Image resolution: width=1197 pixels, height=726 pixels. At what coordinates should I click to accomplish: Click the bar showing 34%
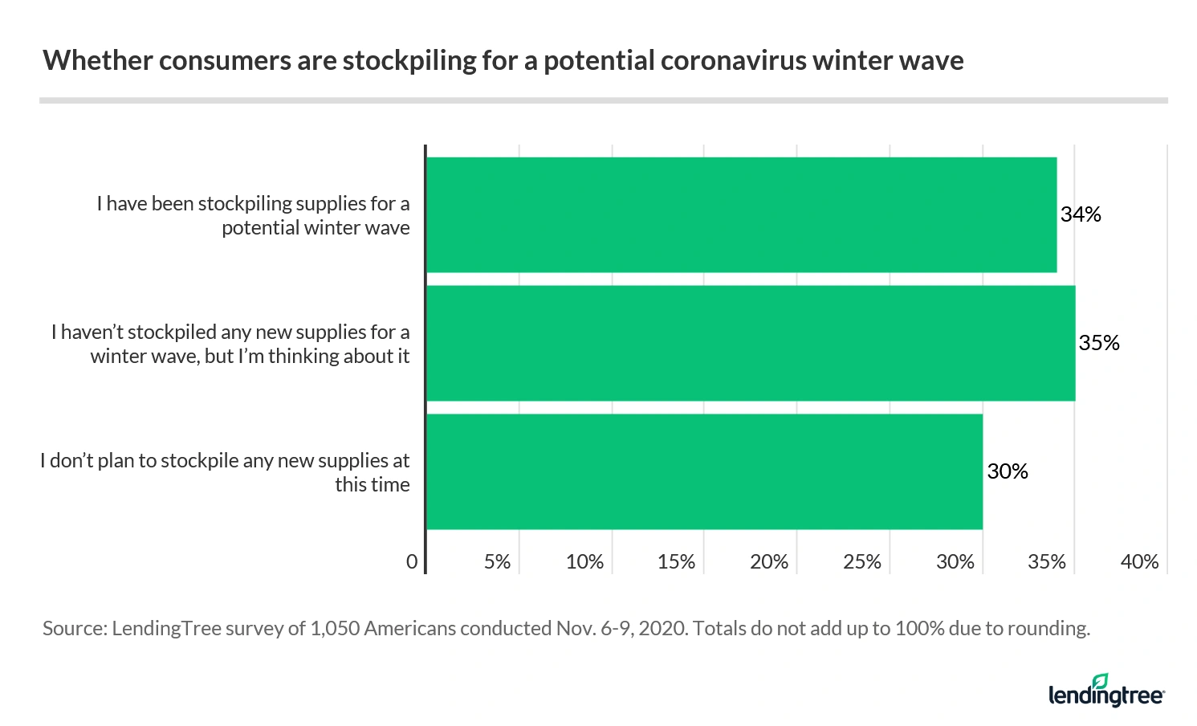[x=740, y=214]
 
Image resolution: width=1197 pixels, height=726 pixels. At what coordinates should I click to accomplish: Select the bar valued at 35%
[x=750, y=343]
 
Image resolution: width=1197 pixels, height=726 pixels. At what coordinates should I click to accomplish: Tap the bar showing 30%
[x=703, y=471]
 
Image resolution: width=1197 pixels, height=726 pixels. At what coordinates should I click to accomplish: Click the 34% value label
[x=1081, y=214]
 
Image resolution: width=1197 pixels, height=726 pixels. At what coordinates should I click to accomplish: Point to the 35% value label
[x=1099, y=343]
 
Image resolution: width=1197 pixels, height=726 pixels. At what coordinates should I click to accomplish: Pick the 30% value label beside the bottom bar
[x=1008, y=471]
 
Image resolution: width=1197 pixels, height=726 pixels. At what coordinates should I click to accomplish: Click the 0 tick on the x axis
[x=412, y=562]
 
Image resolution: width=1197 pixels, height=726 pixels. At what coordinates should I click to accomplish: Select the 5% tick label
[x=497, y=562]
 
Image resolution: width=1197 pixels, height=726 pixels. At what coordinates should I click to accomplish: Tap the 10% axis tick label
[x=584, y=562]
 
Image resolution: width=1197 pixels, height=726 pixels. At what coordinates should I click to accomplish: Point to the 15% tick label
[x=676, y=562]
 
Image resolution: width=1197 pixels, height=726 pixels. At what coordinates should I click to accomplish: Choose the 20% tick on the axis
[x=769, y=562]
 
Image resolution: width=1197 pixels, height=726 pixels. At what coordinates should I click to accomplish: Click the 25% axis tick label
[x=862, y=562]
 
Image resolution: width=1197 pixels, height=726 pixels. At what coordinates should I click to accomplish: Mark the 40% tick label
[x=1139, y=562]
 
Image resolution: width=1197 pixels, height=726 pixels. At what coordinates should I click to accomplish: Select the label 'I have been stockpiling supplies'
[x=253, y=204]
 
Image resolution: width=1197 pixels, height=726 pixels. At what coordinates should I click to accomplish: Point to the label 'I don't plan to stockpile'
[x=225, y=461]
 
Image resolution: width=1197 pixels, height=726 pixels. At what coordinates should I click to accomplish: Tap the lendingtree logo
[x=1106, y=691]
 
